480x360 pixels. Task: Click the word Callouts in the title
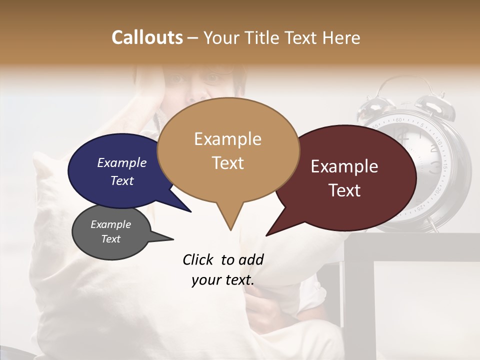pyautogui.click(x=147, y=37)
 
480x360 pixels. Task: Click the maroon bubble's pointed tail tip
pyautogui.click(x=268, y=234)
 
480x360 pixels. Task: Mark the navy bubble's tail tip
pyautogui.click(x=190, y=211)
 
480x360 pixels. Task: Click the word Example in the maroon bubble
pyautogui.click(x=344, y=166)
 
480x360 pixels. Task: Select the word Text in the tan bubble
pyautogui.click(x=228, y=163)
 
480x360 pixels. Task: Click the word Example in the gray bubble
pyautogui.click(x=111, y=224)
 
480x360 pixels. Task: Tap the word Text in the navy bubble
pyautogui.click(x=122, y=180)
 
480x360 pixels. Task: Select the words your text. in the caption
pyautogui.click(x=223, y=280)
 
